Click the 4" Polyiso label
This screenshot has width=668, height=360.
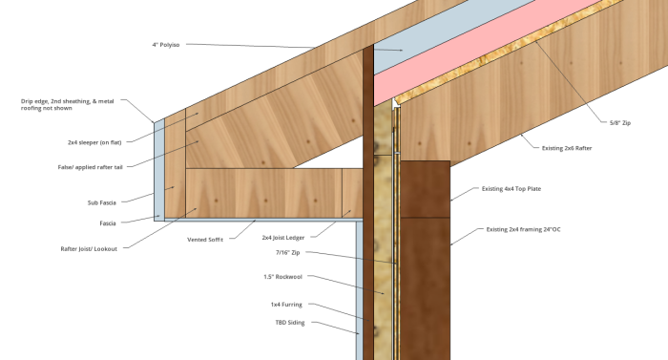pos(166,44)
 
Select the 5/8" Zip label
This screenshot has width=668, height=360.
pos(620,123)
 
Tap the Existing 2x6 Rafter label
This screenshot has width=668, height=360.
pos(567,148)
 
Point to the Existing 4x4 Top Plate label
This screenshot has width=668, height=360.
pos(511,188)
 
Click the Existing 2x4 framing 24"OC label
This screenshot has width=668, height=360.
pos(523,229)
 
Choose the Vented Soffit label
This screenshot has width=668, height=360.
pos(205,240)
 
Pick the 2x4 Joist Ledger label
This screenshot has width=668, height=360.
pos(283,238)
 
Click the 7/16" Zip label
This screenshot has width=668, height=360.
pos(287,252)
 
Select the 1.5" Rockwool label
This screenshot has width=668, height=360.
pos(282,277)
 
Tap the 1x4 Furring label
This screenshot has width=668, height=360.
pos(286,305)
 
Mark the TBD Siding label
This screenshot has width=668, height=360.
pos(290,323)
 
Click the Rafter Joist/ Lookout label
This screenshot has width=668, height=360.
pos(89,249)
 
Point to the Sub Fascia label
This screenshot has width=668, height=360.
pos(102,202)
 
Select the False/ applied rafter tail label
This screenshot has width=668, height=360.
pos(91,167)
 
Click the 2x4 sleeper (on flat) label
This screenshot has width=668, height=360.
pos(94,142)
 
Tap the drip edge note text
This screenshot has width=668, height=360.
pos(68,105)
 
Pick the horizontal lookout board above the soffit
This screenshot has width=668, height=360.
pos(264,193)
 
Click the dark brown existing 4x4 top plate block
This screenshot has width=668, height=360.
pos(426,189)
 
